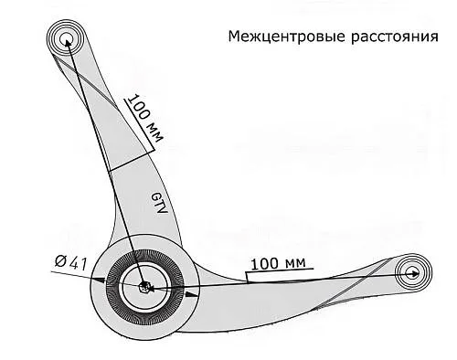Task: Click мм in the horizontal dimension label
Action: pos(295,264)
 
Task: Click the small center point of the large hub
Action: pos(146,287)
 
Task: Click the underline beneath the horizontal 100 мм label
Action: pos(279,273)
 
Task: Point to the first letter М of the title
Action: pos(232,38)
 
